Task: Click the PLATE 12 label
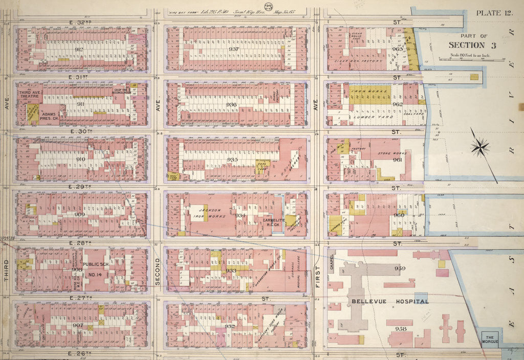coord(494,13)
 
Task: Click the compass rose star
coord(480,147)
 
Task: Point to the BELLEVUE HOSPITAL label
coord(390,302)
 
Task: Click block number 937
coord(234,49)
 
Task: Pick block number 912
coord(79,49)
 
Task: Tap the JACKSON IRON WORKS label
coord(210,213)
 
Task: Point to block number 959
coord(399,268)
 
